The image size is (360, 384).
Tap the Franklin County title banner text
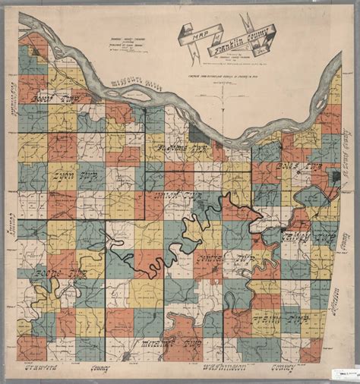pos(242,38)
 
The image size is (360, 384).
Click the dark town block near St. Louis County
pos(335,176)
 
